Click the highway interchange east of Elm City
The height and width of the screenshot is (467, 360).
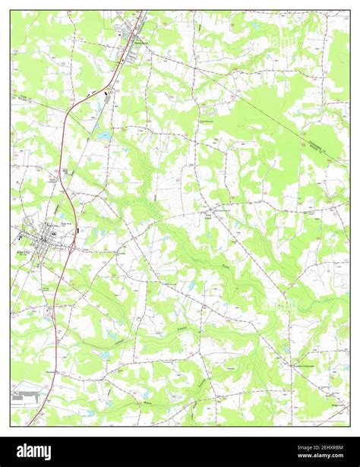(72, 245)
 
